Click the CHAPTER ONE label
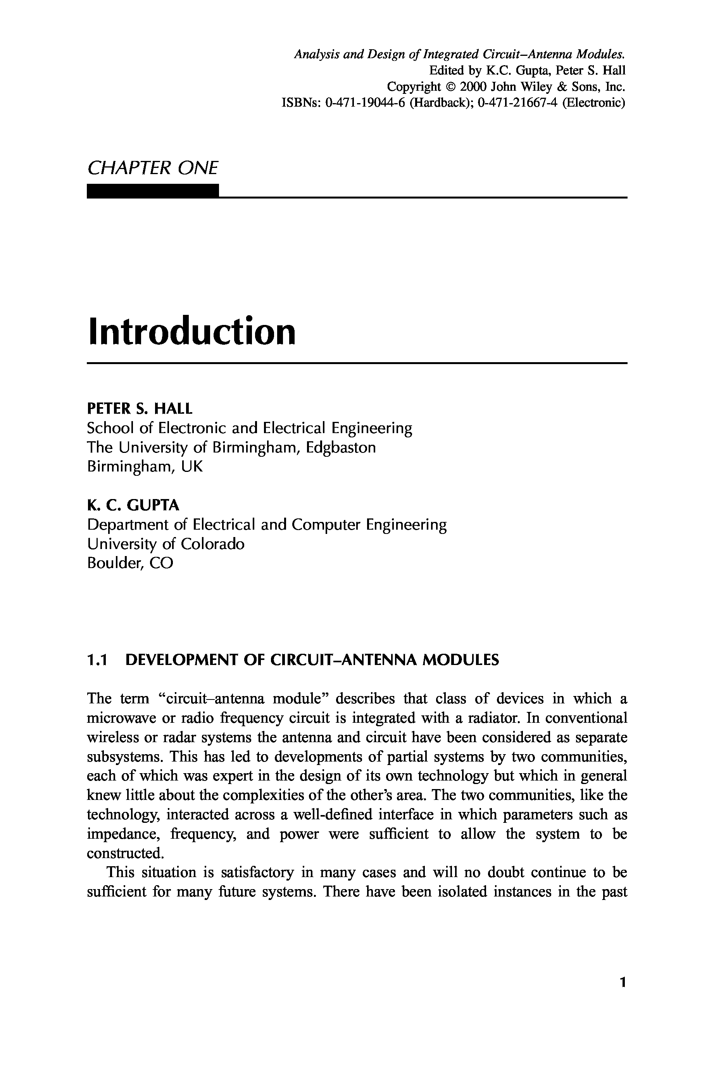point(153,168)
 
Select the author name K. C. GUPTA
point(133,505)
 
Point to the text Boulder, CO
point(130,563)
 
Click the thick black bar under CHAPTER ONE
point(153,191)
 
